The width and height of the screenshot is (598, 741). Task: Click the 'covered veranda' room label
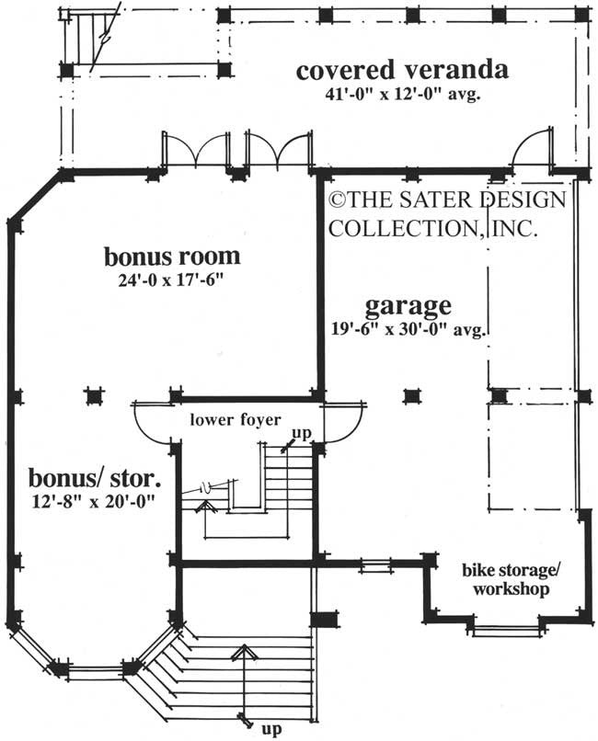(x=402, y=71)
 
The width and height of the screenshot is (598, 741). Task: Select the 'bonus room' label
(x=172, y=256)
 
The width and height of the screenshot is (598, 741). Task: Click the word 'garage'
(x=408, y=304)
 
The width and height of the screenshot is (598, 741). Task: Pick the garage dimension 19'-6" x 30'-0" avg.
(x=408, y=326)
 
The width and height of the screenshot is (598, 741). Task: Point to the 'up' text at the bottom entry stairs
(x=270, y=730)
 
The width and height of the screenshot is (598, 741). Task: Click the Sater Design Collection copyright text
(x=445, y=212)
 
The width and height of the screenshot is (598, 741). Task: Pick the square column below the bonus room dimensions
(x=92, y=395)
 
